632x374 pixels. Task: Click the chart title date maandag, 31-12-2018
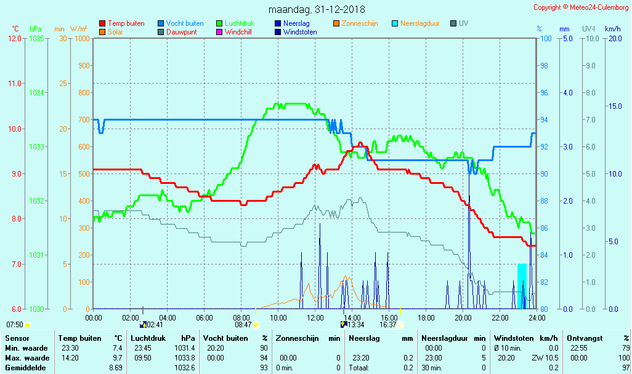coord(317,10)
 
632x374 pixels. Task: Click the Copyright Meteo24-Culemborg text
coord(581,7)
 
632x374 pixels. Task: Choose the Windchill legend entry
coord(238,32)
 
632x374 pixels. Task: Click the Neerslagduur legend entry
coord(419,23)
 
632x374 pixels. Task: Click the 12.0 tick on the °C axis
coord(14,39)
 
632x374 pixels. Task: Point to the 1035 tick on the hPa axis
coord(36,39)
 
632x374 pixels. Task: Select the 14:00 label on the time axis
coord(352,317)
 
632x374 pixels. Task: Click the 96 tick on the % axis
coord(544,93)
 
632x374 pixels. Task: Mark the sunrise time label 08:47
coord(244,325)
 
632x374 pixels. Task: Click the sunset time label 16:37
coord(388,325)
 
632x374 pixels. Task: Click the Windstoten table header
coord(514,338)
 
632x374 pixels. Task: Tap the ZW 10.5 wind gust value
coord(545,358)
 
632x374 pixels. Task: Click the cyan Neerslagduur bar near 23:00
coord(522,283)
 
